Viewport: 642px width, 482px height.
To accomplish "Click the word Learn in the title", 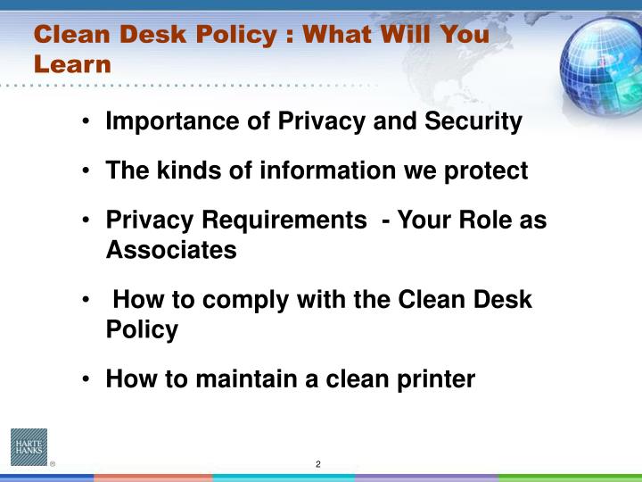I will pyautogui.click(x=73, y=64).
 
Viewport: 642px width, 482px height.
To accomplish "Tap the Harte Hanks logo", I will pyautogui.click(x=29, y=447).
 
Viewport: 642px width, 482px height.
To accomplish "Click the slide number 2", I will pyautogui.click(x=318, y=464).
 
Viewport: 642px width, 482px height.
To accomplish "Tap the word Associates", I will pyautogui.click(x=171, y=250).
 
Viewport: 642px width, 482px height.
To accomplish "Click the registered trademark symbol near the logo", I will pyautogui.click(x=52, y=464).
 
